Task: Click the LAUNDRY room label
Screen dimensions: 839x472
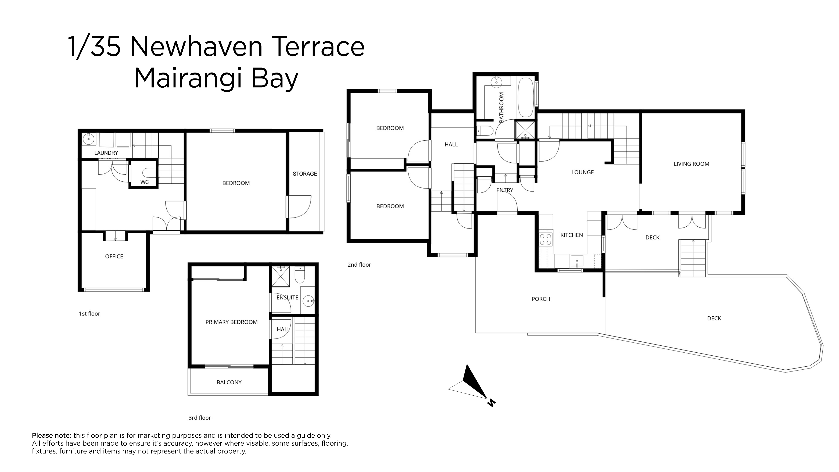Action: click(106, 153)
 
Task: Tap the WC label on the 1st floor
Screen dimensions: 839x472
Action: click(145, 182)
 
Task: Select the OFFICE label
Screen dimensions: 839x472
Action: click(114, 256)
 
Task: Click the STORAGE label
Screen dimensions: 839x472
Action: click(305, 174)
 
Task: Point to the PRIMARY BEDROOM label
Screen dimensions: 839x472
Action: click(232, 322)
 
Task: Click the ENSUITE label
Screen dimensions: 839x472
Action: click(287, 297)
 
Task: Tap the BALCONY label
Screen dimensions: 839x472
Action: click(229, 382)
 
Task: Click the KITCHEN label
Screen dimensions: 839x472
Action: click(572, 235)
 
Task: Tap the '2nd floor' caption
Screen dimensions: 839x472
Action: click(359, 265)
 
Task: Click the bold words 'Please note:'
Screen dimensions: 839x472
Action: click(51, 435)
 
